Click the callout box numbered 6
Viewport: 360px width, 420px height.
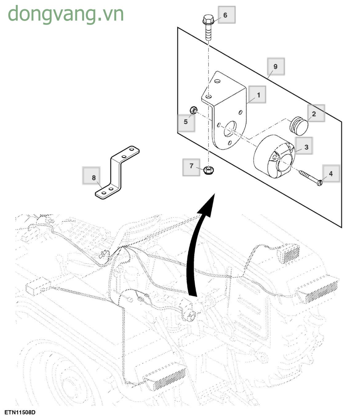click(226, 15)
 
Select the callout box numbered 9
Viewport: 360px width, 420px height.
click(276, 66)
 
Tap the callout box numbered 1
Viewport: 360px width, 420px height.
click(257, 95)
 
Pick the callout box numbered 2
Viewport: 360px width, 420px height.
click(316, 113)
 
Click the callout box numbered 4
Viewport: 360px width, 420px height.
click(331, 173)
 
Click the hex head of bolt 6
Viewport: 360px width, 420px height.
click(208, 21)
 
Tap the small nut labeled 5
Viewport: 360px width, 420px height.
click(193, 109)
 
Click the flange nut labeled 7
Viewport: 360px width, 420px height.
click(209, 170)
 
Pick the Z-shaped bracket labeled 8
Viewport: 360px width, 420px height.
click(117, 172)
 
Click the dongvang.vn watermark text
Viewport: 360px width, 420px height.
click(66, 14)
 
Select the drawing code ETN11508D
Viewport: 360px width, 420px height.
click(20, 412)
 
